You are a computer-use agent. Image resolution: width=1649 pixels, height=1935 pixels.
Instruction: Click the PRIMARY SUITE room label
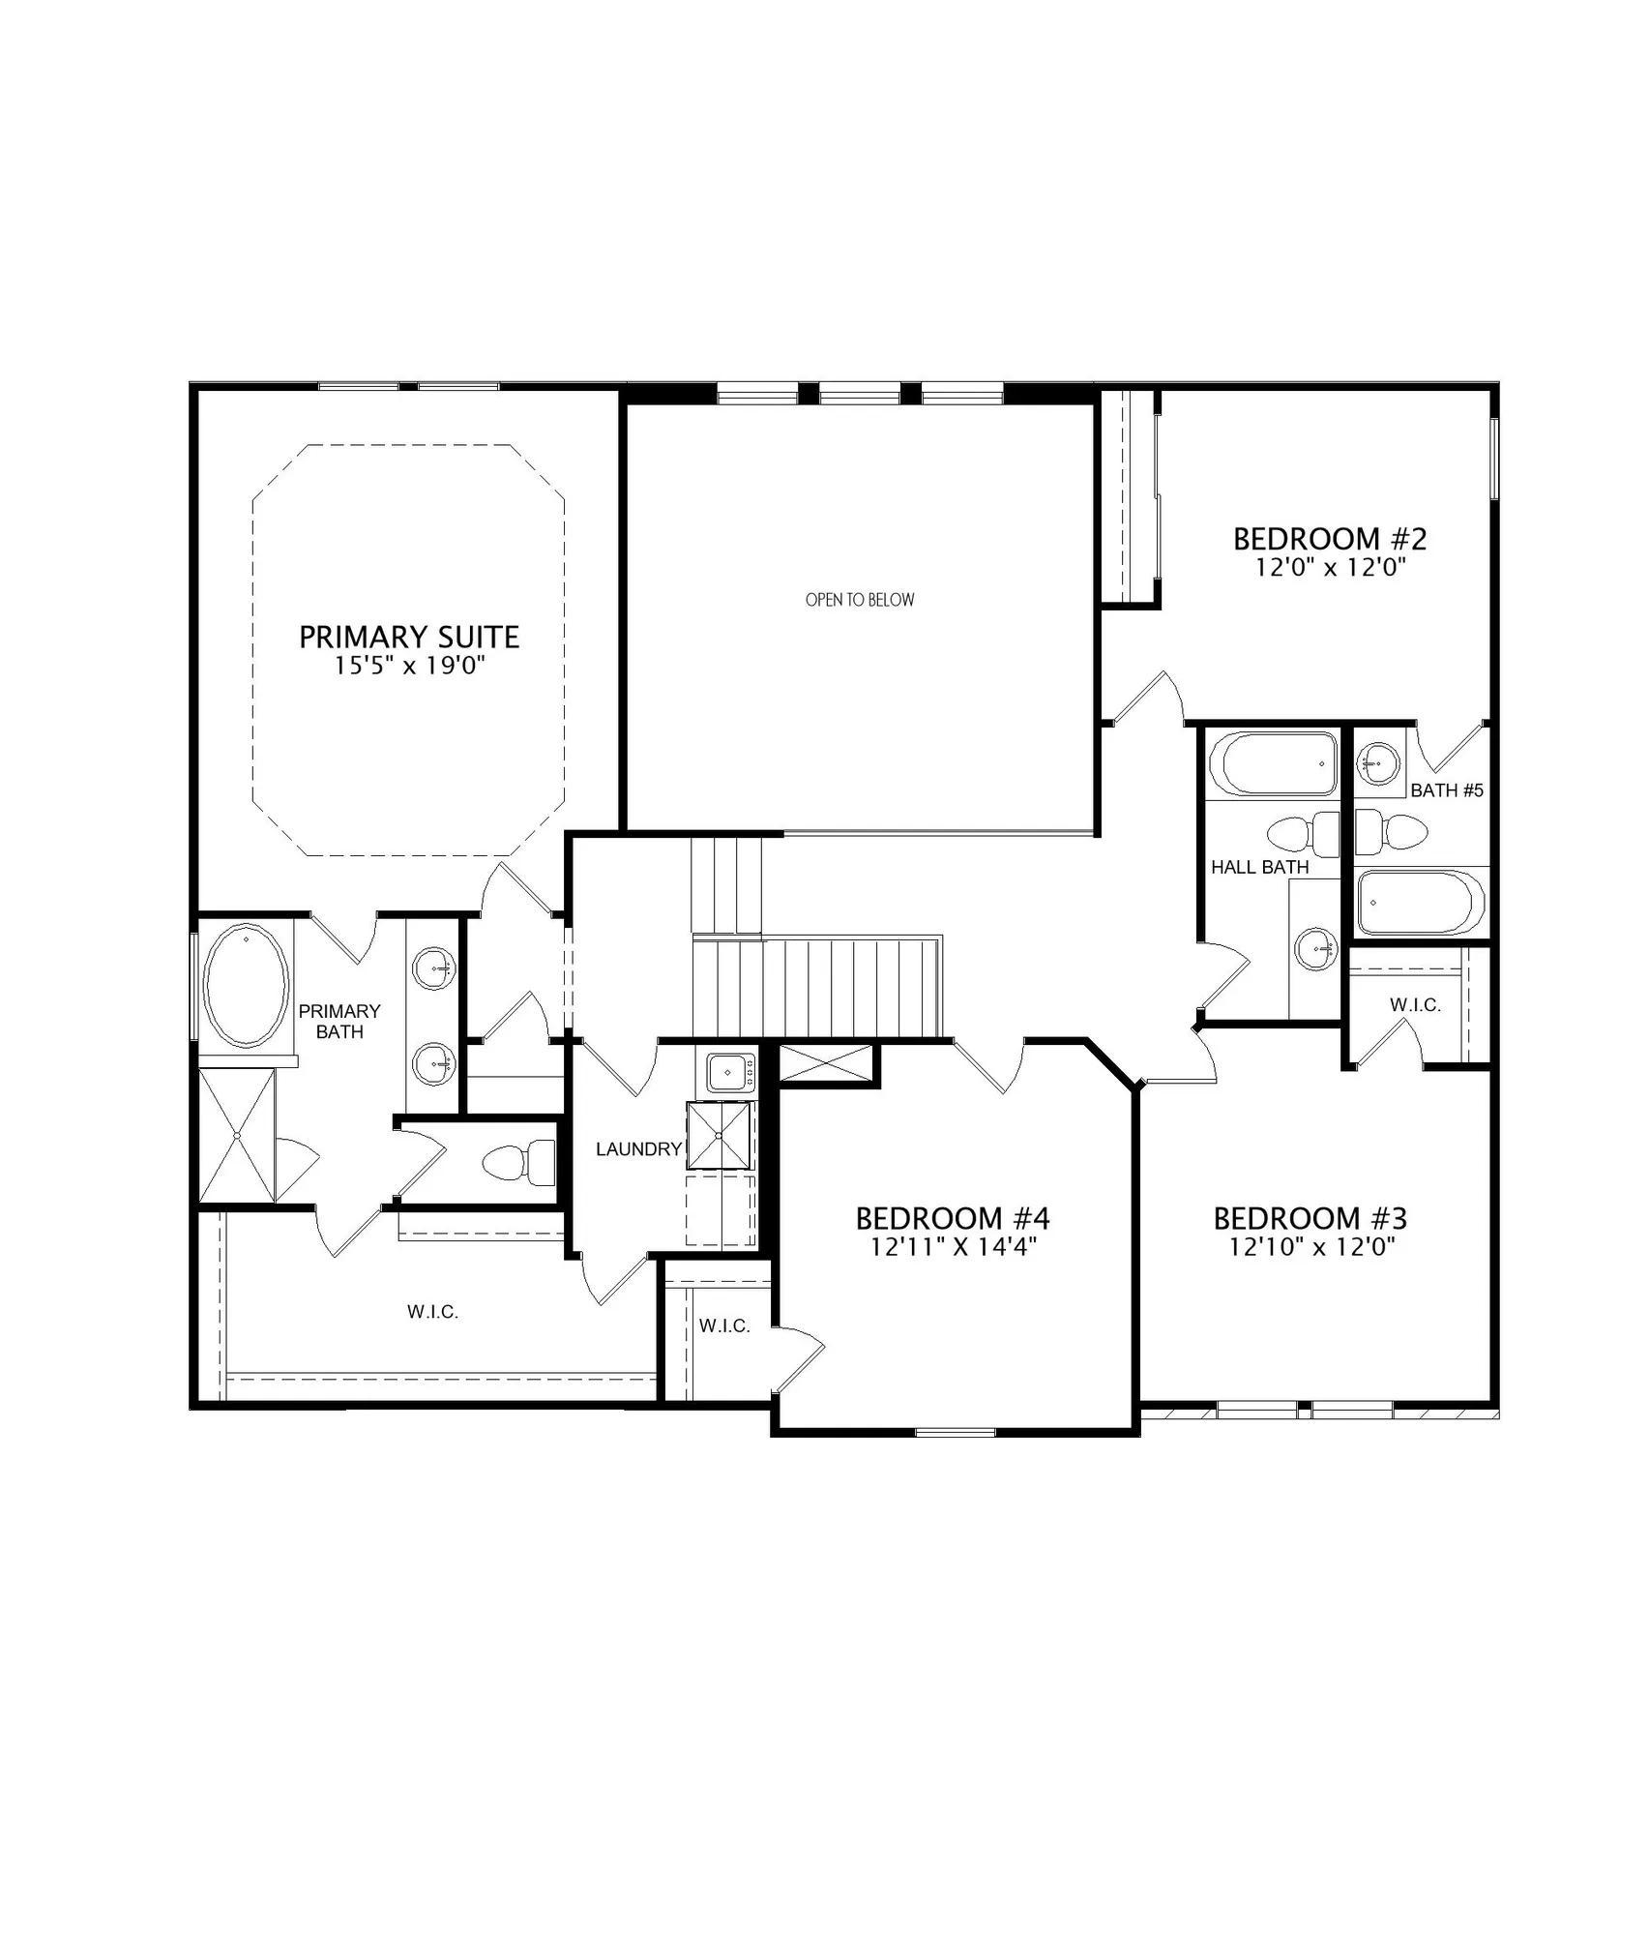pyautogui.click(x=409, y=637)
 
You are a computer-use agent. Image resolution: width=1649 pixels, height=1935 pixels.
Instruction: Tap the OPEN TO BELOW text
pyautogui.click(x=860, y=600)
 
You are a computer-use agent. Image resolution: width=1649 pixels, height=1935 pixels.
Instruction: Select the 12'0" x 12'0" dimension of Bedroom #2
pyautogui.click(x=1330, y=567)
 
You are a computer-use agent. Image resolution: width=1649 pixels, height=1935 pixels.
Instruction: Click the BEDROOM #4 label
pyautogui.click(x=953, y=1217)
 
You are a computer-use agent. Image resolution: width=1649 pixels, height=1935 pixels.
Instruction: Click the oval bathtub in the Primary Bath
pyautogui.click(x=247, y=985)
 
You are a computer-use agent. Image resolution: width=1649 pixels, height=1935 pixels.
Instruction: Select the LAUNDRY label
pyautogui.click(x=639, y=1149)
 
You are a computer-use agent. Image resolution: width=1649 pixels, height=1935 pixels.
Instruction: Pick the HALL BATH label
pyautogui.click(x=1260, y=867)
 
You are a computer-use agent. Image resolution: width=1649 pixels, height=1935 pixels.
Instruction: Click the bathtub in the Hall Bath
pyautogui.click(x=1273, y=764)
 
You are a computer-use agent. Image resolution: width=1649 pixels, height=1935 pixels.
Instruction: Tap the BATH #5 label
pyautogui.click(x=1447, y=790)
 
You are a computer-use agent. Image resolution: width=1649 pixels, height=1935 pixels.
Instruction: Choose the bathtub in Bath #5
pyautogui.click(x=1420, y=903)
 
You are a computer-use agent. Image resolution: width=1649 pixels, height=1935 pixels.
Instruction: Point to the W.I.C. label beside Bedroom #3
pyautogui.click(x=1415, y=1005)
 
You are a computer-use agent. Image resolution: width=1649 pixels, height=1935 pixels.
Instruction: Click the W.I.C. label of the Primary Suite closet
pyautogui.click(x=432, y=1312)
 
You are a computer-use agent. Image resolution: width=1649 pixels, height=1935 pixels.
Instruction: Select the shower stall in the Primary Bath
pyautogui.click(x=237, y=1135)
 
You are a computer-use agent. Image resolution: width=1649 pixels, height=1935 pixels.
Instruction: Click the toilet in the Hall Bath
pyautogui.click(x=1303, y=833)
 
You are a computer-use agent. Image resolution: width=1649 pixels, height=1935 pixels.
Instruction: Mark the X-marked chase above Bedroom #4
pyautogui.click(x=825, y=1063)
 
